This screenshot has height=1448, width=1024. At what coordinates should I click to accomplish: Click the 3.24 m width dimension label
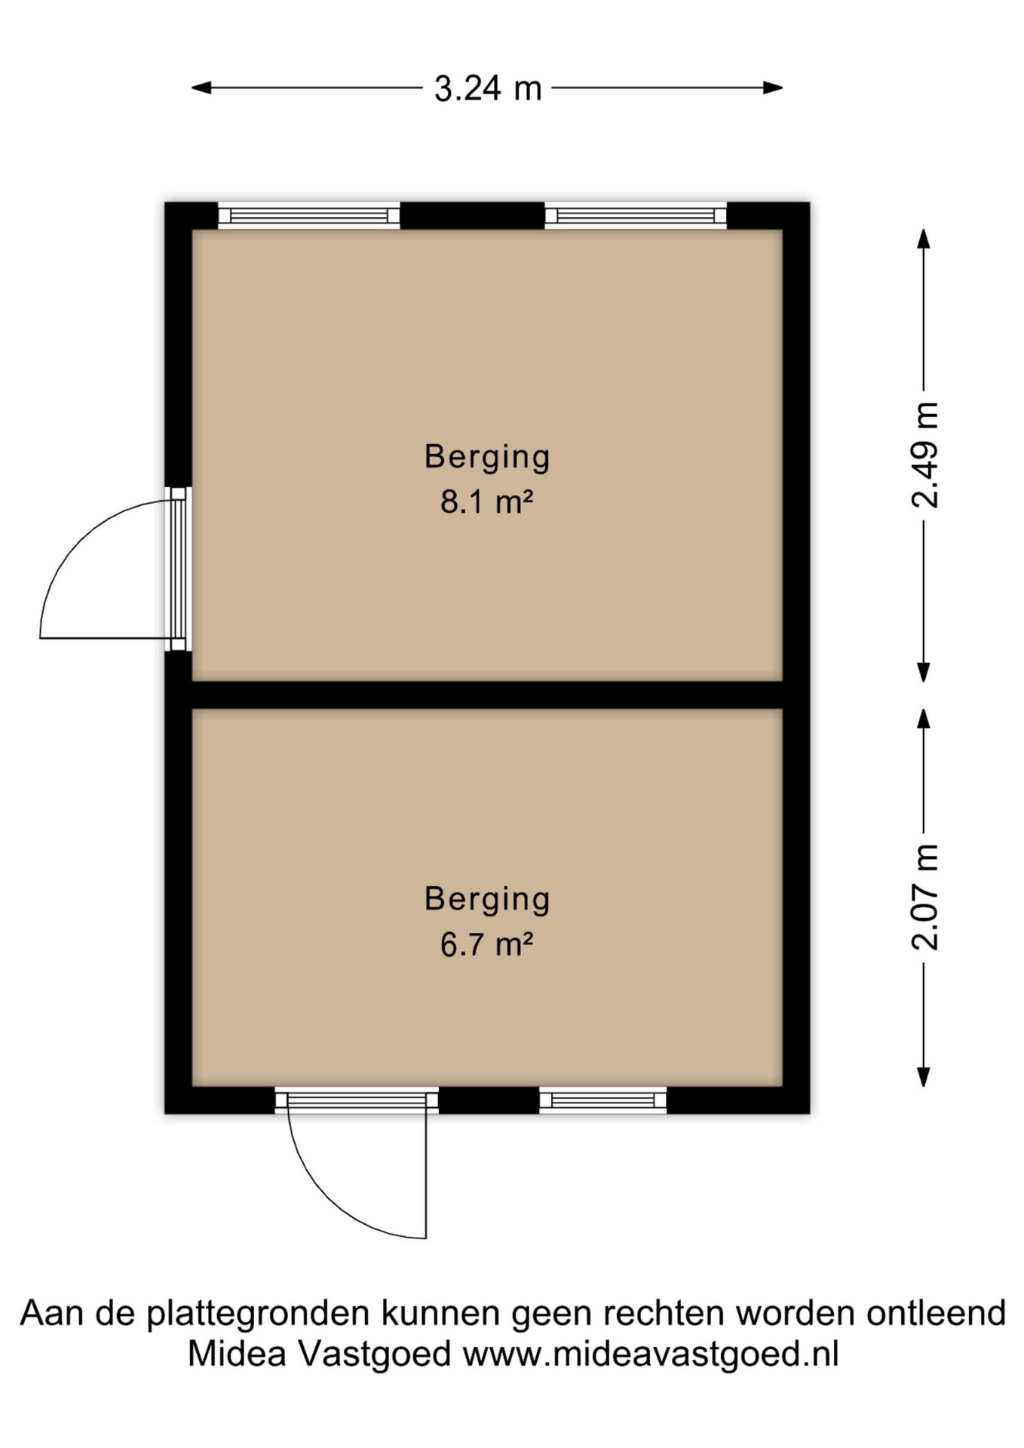click(487, 89)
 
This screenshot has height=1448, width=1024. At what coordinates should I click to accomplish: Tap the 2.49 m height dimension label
click(924, 455)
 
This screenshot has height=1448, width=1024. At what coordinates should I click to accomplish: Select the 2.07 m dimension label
click(924, 897)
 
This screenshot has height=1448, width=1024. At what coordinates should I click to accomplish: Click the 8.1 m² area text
click(487, 502)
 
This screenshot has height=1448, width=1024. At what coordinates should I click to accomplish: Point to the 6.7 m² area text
click(487, 945)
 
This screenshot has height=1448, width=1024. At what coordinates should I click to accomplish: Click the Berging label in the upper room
click(487, 457)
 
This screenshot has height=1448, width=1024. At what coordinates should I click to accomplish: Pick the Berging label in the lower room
click(487, 899)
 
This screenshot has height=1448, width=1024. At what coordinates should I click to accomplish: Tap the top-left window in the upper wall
click(308, 216)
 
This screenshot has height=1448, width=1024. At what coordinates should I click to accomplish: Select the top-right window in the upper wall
click(635, 216)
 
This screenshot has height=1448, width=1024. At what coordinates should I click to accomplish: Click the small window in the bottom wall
click(602, 1101)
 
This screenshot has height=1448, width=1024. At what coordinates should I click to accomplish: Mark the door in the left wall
click(178, 569)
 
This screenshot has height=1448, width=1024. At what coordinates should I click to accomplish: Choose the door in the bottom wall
click(356, 1102)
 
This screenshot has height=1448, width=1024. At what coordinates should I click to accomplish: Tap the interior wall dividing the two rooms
click(487, 695)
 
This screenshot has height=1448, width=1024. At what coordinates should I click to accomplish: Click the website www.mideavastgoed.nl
click(651, 1354)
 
